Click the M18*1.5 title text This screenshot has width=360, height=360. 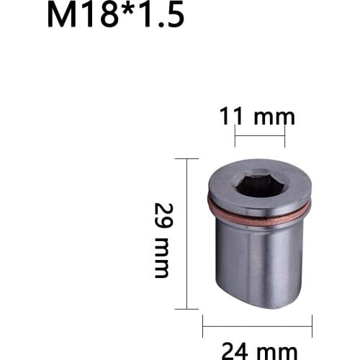click(x=115, y=16)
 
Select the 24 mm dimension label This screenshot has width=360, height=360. click(x=258, y=350)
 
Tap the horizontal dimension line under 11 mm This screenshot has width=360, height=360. click(x=260, y=135)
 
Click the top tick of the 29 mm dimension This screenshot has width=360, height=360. click(x=186, y=159)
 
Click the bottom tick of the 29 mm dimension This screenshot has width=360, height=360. click(x=186, y=307)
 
